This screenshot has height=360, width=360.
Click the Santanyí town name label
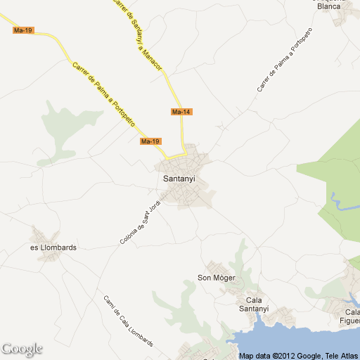coord(179,179)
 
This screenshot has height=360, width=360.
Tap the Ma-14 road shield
coord(181,112)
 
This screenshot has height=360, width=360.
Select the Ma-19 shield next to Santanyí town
coord(150,141)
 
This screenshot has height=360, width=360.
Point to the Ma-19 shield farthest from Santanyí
coord(23,30)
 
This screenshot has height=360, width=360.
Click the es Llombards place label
coord(53,247)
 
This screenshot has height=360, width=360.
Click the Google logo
coord(22,349)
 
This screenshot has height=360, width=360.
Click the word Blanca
coord(329,6)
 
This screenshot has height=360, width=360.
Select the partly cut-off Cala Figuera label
coord(352,316)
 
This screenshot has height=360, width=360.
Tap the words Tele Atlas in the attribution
coord(341,356)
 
